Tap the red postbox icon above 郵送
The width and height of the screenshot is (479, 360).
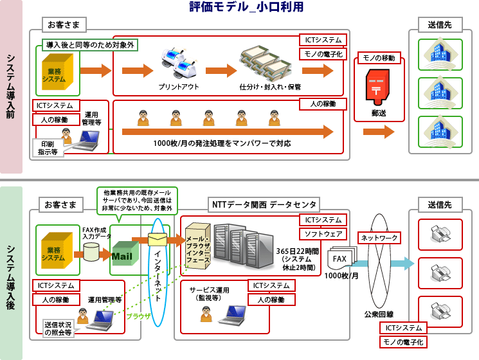[x=378, y=87]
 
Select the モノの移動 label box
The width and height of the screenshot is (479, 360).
[x=378, y=58]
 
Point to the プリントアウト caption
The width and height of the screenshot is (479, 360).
[x=179, y=86]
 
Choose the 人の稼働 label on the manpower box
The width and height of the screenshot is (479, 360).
[x=323, y=104]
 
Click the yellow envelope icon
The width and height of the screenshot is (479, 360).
[x=158, y=240]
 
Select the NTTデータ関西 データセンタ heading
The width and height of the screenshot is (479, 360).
[x=264, y=204]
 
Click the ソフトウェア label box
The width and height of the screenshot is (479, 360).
[x=323, y=234]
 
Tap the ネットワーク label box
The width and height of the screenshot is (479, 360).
[x=379, y=238]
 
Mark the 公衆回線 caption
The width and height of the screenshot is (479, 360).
[x=379, y=314]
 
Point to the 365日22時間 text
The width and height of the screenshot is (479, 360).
[x=296, y=251]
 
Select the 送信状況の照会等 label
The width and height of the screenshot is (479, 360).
[x=59, y=328]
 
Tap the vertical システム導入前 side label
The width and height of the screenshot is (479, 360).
[x=12, y=87]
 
